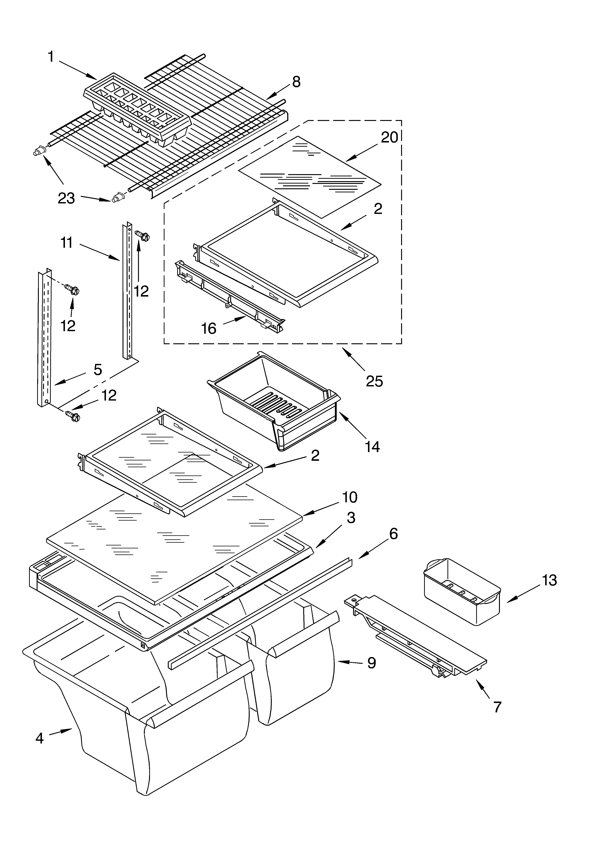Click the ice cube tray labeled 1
(x=137, y=109)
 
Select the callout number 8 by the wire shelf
(x=296, y=82)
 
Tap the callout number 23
(x=66, y=198)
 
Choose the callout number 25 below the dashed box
(x=374, y=381)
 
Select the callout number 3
(x=351, y=518)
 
